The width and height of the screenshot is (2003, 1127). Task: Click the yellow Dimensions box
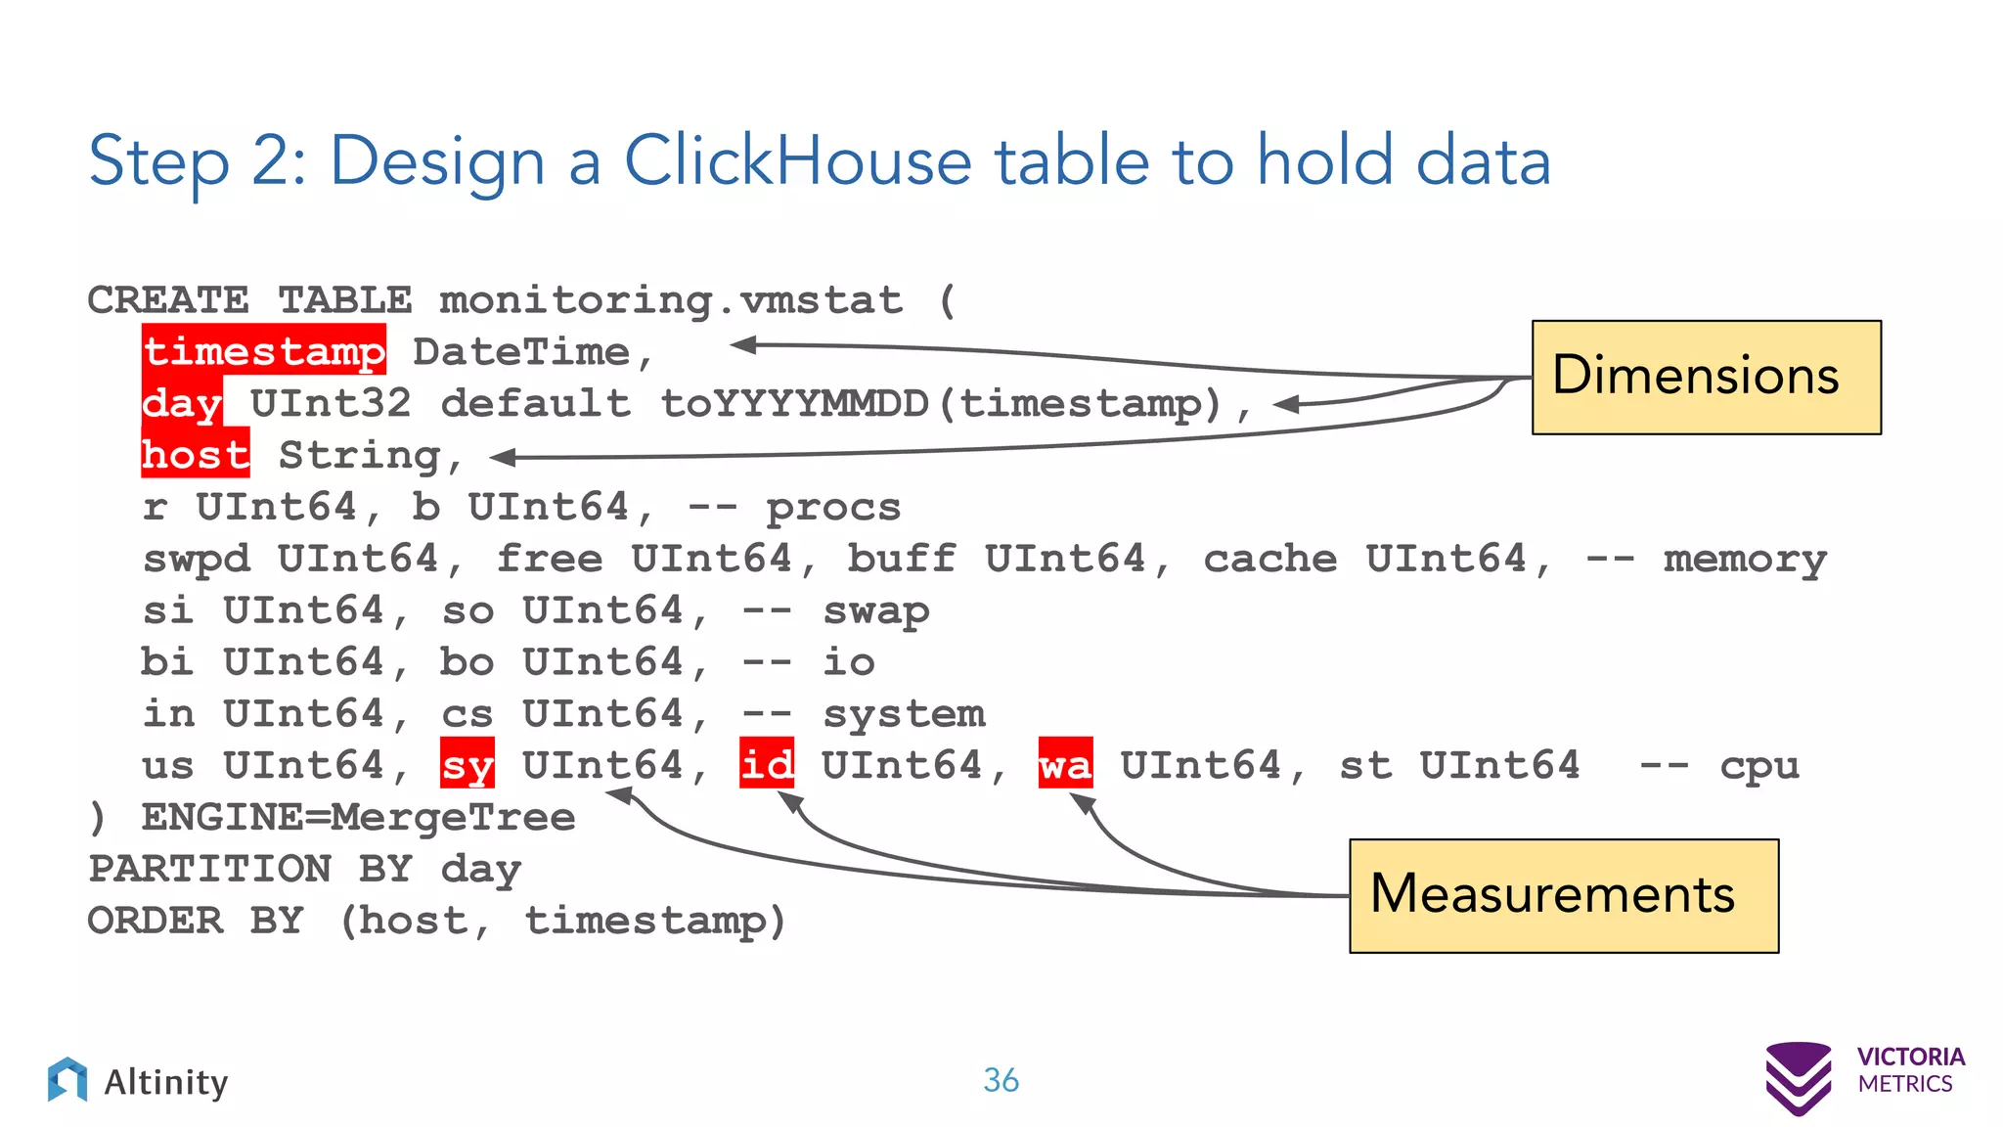pos(1706,377)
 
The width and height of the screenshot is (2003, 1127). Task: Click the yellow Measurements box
pos(1563,895)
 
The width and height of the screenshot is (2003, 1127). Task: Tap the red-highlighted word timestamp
pos(264,350)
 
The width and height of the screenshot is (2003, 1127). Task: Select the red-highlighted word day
pos(183,402)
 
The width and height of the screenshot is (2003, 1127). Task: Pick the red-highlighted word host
pos(196,455)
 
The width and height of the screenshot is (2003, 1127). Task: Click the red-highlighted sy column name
pos(467,764)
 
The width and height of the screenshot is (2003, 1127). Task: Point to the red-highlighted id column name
pos(767,764)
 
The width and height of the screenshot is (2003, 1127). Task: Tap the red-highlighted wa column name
pos(1065,764)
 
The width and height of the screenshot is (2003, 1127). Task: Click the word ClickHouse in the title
pos(798,160)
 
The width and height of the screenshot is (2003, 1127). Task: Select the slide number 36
pos(1001,1080)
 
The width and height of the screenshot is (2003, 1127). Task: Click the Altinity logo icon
pos(67,1079)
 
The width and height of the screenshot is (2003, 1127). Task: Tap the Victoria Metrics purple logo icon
pos(1798,1077)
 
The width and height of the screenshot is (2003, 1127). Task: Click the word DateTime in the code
pos(521,351)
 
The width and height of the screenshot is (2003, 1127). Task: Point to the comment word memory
pos(1745,560)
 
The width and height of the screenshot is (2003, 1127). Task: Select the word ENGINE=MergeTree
pos(358,817)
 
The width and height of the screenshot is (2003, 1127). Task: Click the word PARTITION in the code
pos(210,869)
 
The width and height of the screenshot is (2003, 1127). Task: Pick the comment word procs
pos(833,508)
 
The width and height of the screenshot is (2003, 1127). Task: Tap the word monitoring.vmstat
pos(671,299)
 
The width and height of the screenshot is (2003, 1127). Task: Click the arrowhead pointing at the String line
pos(503,457)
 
